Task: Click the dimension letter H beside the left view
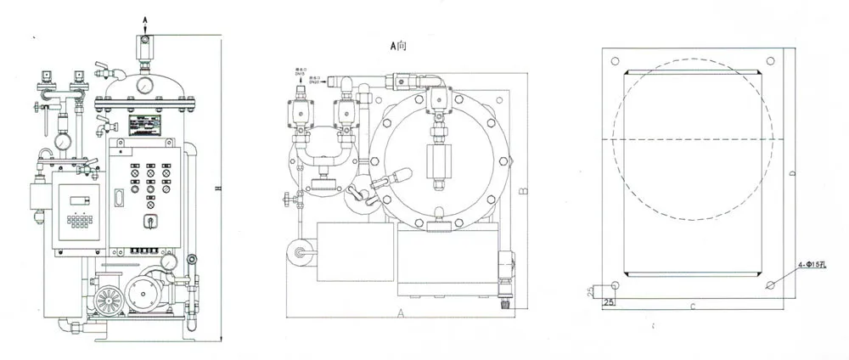[x=217, y=188]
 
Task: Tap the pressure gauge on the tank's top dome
[x=147, y=86]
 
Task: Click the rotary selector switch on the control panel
[x=151, y=222]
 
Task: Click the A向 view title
[x=398, y=47]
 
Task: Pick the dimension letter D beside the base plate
[x=791, y=175]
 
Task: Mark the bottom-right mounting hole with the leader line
[x=770, y=284]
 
